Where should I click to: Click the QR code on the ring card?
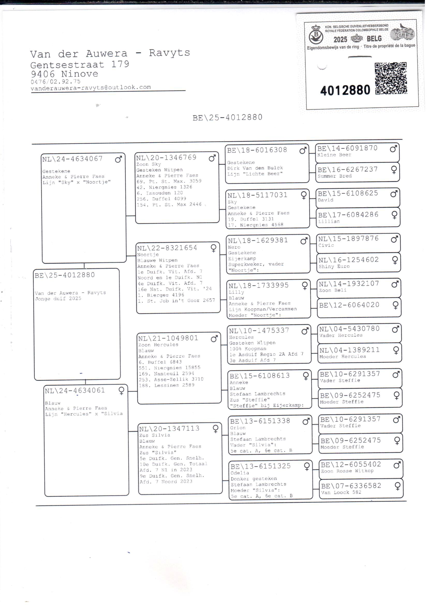pos(391,78)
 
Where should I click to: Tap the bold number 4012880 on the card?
pos(345,90)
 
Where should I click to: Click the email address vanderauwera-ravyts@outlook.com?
pos(91,88)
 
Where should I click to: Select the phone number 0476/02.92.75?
pos(56,82)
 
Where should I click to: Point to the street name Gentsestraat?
pos(68,64)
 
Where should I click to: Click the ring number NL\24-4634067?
pos(72,159)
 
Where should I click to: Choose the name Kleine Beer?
pos(334,155)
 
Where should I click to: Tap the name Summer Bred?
pos(334,176)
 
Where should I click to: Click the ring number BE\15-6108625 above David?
pos(348,193)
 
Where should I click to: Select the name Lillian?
pos(329,221)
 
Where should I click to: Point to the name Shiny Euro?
pos(334,267)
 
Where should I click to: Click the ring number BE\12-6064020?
pos(349,305)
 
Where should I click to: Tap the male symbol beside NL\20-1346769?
pos(212,158)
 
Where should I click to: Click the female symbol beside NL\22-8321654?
pos(213,248)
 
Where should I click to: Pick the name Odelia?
pos(240,473)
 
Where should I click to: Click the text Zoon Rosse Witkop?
pos(347,471)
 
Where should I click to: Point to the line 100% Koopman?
pos(248,348)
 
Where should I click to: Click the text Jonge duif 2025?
pos(58,299)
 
